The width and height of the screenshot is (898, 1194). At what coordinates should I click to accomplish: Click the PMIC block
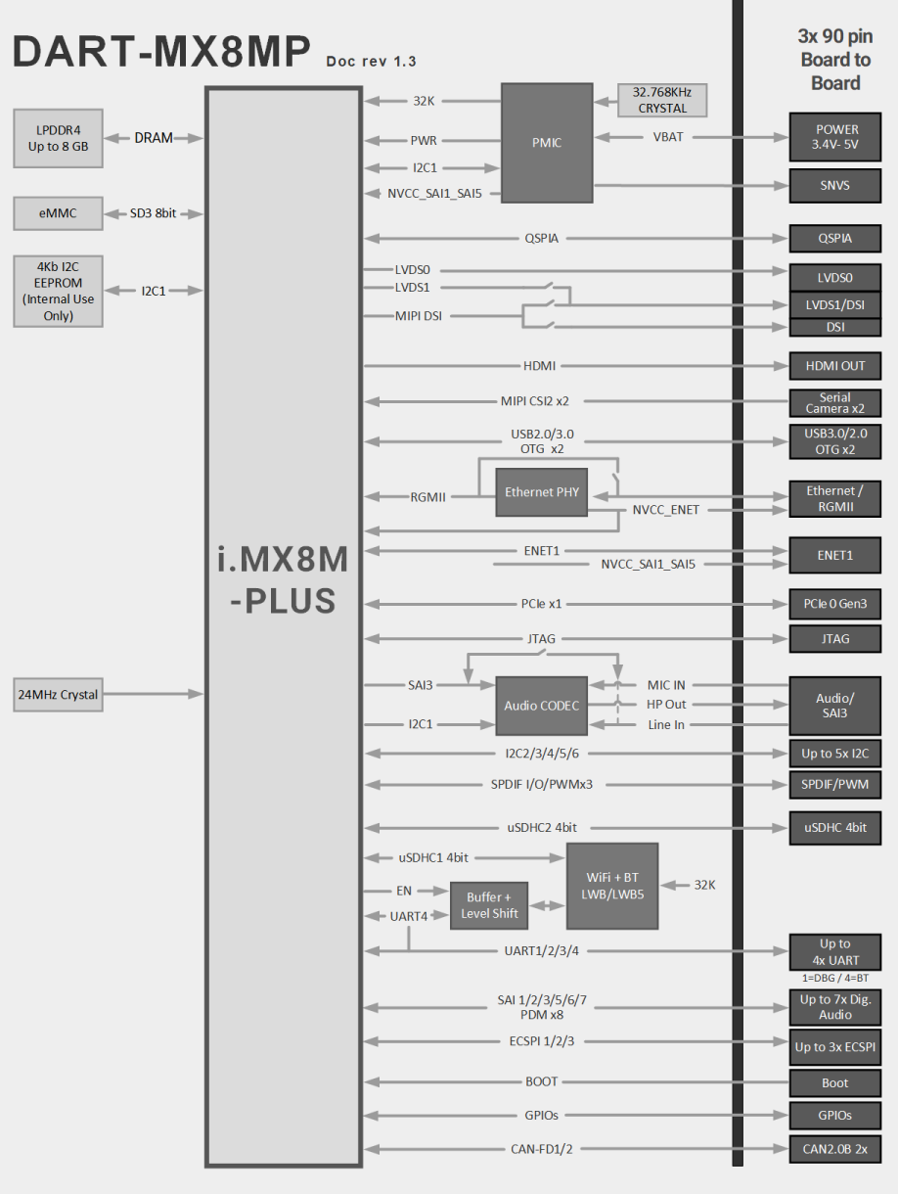pyautogui.click(x=546, y=142)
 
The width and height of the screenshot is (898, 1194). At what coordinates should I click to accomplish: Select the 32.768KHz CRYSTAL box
pyautogui.click(x=662, y=101)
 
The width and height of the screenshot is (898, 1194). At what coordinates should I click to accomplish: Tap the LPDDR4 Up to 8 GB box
pyautogui.click(x=58, y=139)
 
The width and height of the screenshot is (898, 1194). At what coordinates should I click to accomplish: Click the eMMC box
pyautogui.click(x=58, y=213)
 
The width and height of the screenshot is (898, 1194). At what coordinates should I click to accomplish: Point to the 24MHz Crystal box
pyautogui.click(x=58, y=695)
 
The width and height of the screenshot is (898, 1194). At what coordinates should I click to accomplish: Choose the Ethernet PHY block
pyautogui.click(x=541, y=492)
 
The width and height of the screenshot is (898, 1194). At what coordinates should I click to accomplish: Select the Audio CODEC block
pyautogui.click(x=541, y=706)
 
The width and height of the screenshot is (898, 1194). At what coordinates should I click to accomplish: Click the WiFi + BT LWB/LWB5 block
pyautogui.click(x=611, y=886)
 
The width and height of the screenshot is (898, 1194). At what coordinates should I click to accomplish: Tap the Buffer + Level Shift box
pyautogui.click(x=489, y=905)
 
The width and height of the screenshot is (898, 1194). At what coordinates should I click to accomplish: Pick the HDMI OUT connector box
pyautogui.click(x=835, y=366)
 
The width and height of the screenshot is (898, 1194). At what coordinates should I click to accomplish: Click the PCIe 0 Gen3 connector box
pyautogui.click(x=835, y=604)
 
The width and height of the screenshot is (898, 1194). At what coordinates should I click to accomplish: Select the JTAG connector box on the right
pyautogui.click(x=835, y=639)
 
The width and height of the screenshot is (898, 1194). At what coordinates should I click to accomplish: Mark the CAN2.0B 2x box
pyautogui.click(x=835, y=1149)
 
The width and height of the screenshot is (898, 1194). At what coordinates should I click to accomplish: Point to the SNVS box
pyautogui.click(x=835, y=184)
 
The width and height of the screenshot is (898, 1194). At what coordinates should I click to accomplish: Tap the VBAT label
pyautogui.click(x=668, y=137)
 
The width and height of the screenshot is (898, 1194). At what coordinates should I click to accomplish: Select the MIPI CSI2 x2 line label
pyautogui.click(x=535, y=400)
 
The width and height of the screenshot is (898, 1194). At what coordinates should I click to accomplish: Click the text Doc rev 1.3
pyautogui.click(x=371, y=62)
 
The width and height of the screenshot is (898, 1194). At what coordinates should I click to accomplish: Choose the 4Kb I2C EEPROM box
pyautogui.click(x=58, y=291)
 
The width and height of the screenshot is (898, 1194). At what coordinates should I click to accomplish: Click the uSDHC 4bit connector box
pyautogui.click(x=835, y=828)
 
